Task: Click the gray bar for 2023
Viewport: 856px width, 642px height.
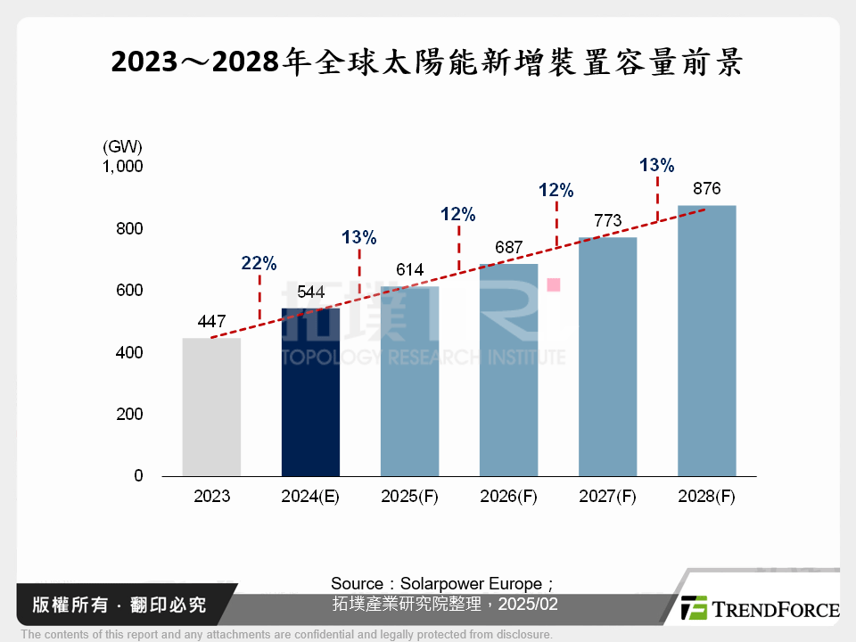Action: tap(211, 407)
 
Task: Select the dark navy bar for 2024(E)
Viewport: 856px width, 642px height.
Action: tap(310, 392)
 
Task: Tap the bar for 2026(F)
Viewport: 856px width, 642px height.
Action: tap(508, 370)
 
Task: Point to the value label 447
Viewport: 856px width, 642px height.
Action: tap(211, 322)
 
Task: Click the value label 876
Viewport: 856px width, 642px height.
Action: tap(706, 189)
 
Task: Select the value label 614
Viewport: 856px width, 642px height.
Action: tap(409, 270)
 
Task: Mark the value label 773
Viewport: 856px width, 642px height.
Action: tap(607, 221)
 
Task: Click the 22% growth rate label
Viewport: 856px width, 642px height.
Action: tap(259, 263)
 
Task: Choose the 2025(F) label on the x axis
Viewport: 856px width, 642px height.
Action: tap(409, 497)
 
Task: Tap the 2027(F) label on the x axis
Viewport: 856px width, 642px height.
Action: tap(607, 497)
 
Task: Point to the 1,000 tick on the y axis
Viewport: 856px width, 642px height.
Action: tap(122, 167)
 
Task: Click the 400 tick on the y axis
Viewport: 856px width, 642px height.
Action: tap(128, 353)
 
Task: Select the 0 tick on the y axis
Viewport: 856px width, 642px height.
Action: tap(138, 476)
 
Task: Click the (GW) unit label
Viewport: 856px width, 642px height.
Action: tap(122, 146)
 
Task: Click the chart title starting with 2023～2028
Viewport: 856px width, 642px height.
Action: tap(427, 63)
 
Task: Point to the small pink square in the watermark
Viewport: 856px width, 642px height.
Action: tap(553, 284)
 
